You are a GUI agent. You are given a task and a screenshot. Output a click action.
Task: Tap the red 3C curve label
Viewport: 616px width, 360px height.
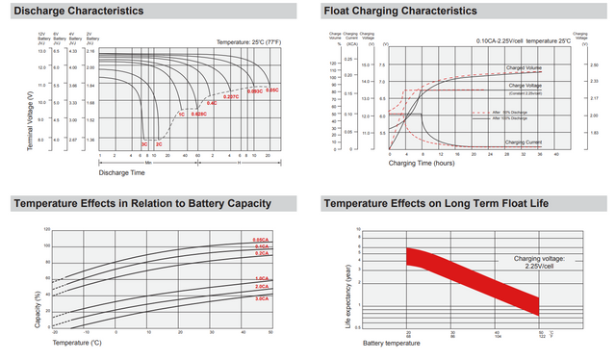pyautogui.click(x=144, y=142)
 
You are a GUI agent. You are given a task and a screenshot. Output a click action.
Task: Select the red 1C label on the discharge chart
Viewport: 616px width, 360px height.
pyautogui.click(x=180, y=115)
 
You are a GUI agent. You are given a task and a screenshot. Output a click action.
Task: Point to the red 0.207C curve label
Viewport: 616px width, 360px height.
pyautogui.click(x=230, y=97)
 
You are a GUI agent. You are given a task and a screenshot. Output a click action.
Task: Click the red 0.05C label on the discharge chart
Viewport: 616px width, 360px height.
pyautogui.click(x=272, y=90)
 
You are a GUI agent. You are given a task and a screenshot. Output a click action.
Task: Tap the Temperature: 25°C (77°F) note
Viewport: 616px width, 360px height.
pyautogui.click(x=247, y=43)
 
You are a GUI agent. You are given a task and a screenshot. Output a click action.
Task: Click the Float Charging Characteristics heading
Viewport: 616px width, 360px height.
pyautogui.click(x=400, y=11)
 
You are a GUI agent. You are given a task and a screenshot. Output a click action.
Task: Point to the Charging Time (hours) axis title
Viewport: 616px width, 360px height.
pyautogui.click(x=422, y=164)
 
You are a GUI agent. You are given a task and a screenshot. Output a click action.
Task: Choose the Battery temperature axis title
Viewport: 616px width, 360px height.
pyautogui.click(x=392, y=343)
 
